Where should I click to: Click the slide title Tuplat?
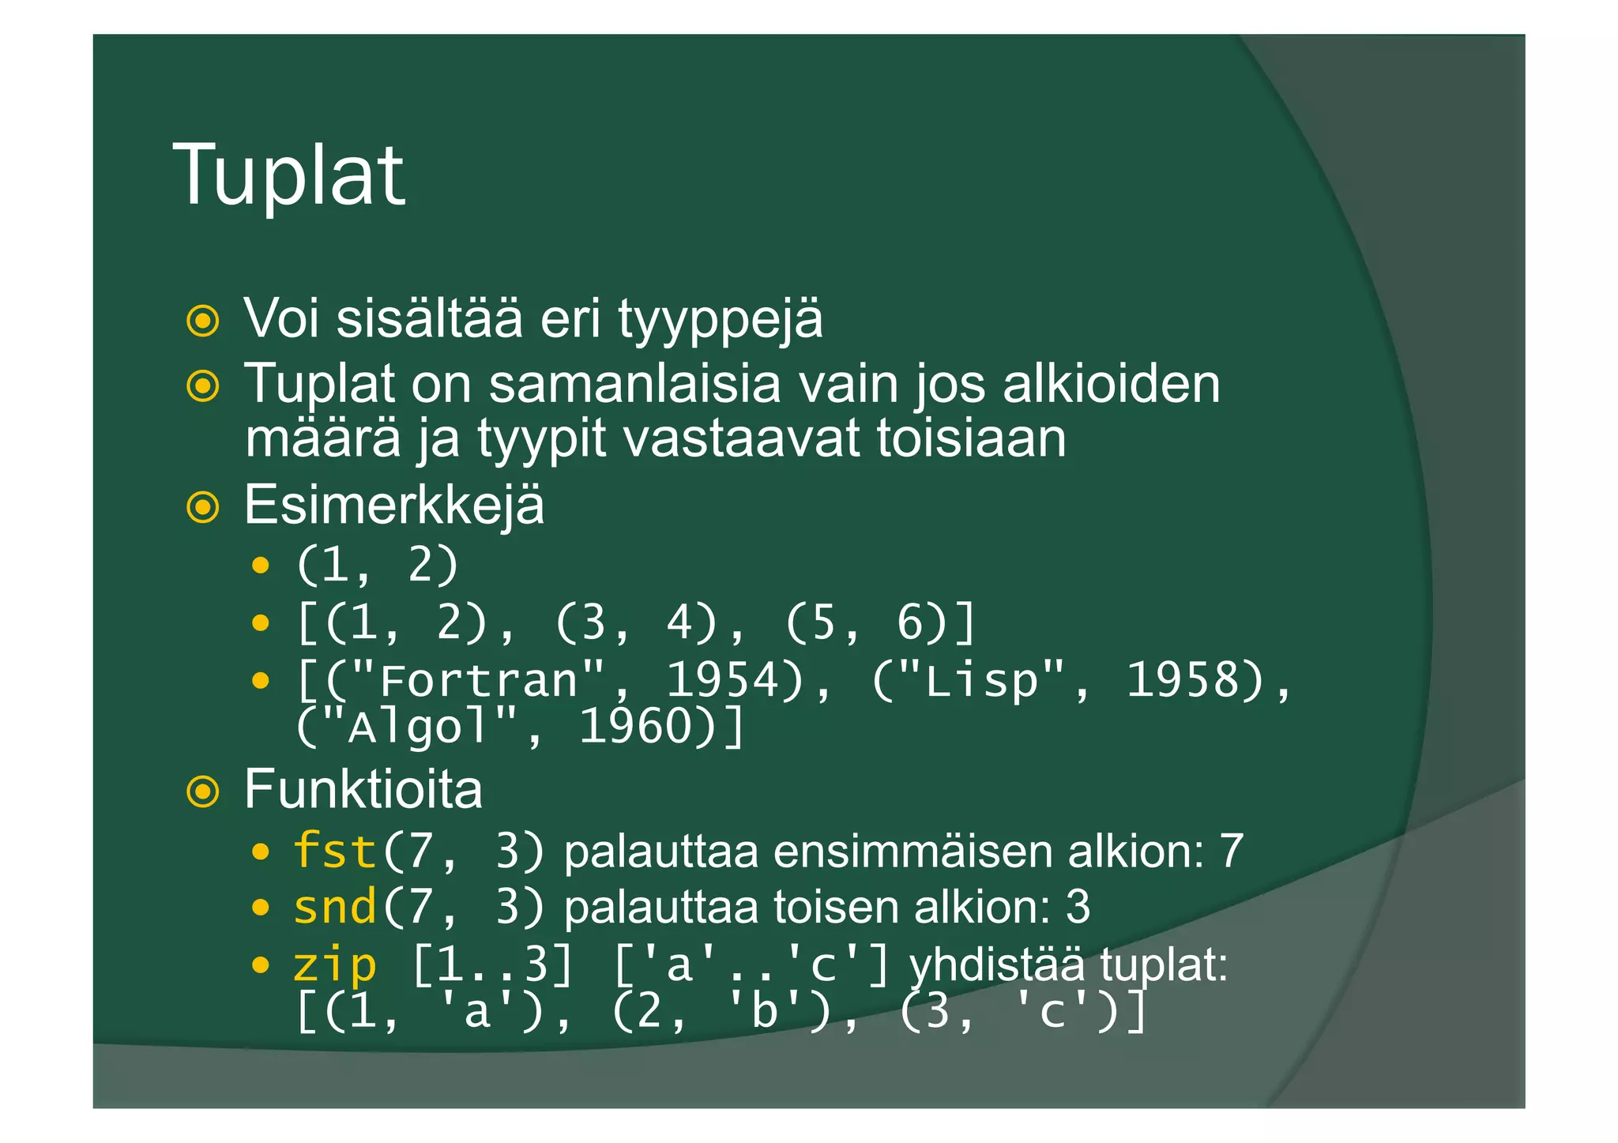[288, 175]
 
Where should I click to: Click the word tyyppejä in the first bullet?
[720, 320]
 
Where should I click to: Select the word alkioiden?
[1111, 385]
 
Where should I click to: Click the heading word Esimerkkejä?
[393, 506]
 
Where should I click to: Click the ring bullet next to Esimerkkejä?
[203, 507]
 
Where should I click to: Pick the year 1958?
[1194, 680]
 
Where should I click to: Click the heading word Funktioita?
[363, 789]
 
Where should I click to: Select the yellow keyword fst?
[334, 852]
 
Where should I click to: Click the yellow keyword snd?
[334, 907]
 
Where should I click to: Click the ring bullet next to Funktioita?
[203, 791]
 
